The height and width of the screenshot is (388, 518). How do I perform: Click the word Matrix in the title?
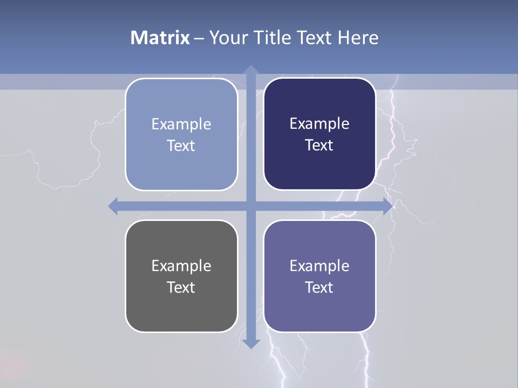[160, 38]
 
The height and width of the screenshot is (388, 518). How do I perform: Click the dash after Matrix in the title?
[199, 38]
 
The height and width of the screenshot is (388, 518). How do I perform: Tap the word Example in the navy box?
[319, 124]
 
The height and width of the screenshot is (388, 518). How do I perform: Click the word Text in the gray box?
[181, 287]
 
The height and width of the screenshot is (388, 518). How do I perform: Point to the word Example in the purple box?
[319, 266]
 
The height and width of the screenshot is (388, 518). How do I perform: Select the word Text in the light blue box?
[181, 145]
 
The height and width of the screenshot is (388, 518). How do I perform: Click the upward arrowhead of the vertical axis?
[250, 71]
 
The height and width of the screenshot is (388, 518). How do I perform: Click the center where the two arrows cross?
[250, 206]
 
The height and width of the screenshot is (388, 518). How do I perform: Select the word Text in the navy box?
[319, 145]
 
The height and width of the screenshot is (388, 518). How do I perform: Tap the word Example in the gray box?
[181, 266]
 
